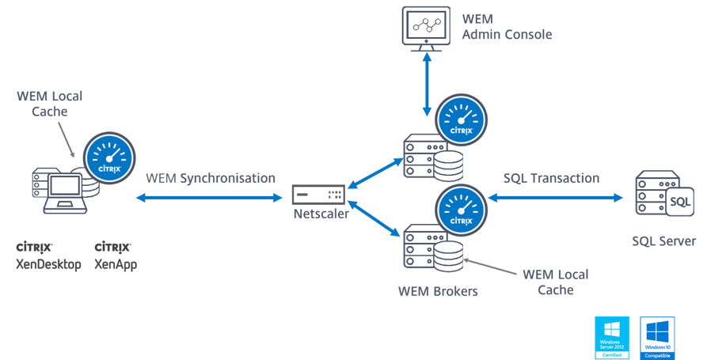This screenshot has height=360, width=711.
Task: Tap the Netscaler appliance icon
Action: (x=318, y=194)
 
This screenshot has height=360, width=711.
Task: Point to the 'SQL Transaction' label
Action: (x=551, y=177)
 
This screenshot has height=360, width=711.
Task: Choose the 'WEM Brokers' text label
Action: (x=439, y=290)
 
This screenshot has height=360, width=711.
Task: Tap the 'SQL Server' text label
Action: (x=664, y=241)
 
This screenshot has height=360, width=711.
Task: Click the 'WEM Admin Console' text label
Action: (x=507, y=27)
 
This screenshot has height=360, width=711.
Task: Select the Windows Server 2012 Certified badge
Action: (x=612, y=338)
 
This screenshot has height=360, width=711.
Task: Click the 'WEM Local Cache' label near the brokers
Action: (x=555, y=282)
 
